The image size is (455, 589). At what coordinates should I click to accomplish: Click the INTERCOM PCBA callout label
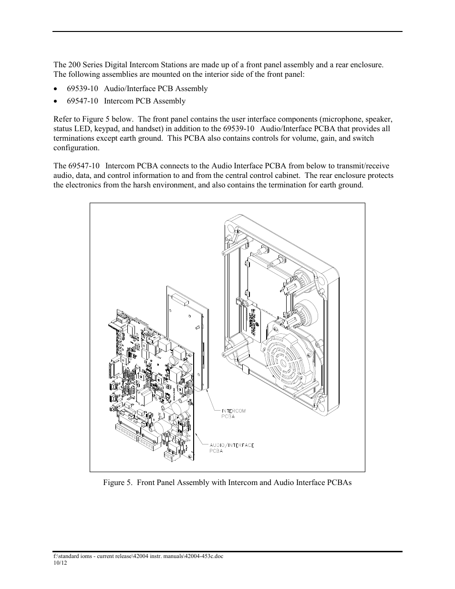pyautogui.click(x=233, y=413)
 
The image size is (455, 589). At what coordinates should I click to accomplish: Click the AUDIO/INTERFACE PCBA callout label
pyautogui.click(x=231, y=448)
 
